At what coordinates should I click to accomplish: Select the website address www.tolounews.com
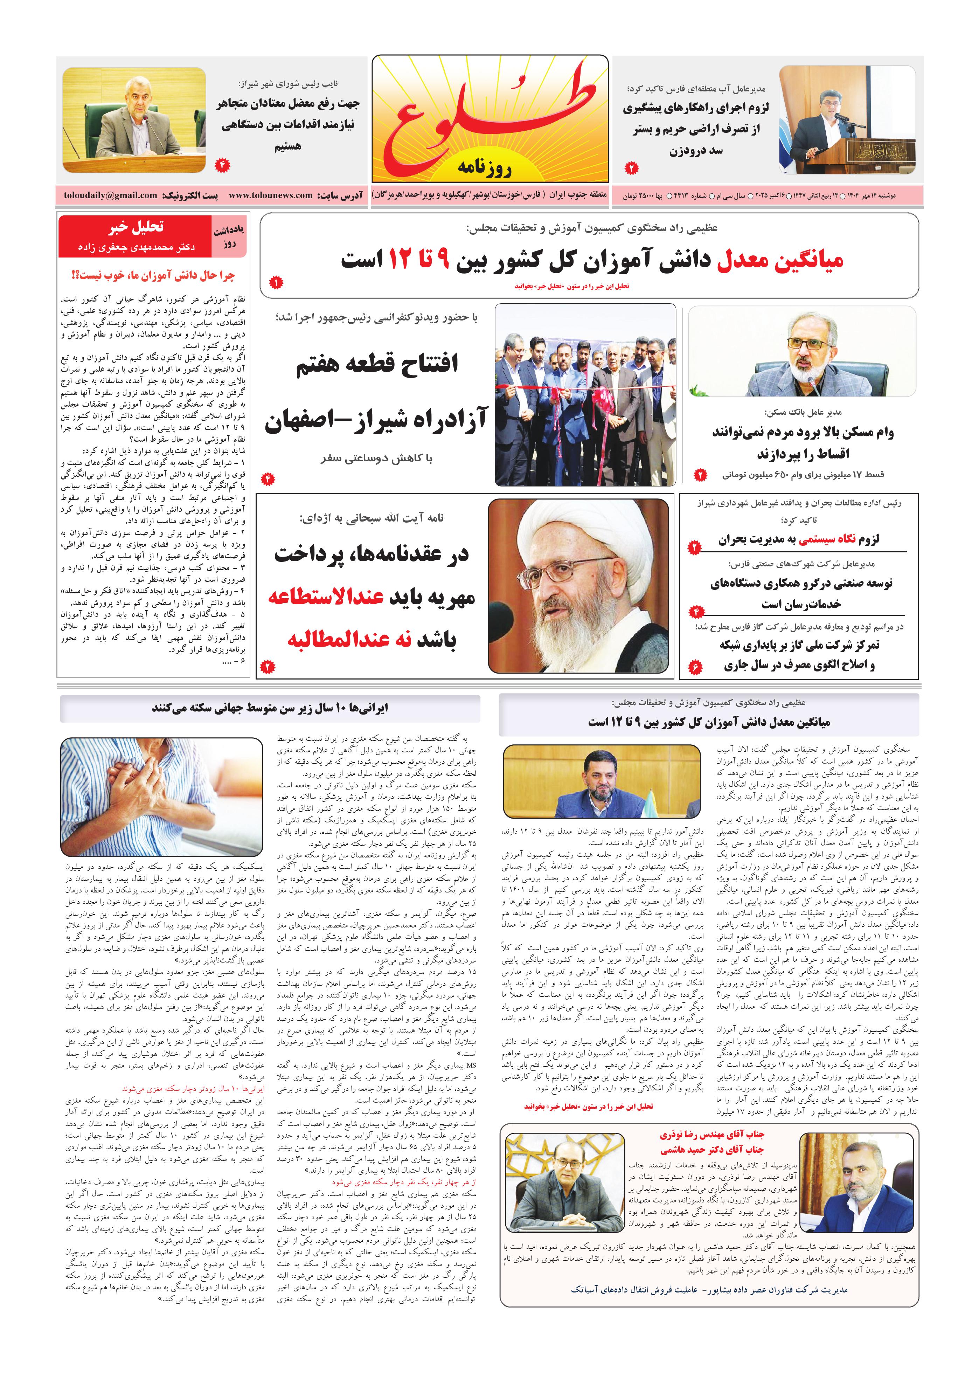270,195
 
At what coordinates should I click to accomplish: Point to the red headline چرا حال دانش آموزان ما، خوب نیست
153,276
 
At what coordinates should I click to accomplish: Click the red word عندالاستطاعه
326,598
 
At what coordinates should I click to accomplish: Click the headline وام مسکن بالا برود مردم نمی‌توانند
802,433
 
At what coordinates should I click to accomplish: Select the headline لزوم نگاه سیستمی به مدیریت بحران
799,539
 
